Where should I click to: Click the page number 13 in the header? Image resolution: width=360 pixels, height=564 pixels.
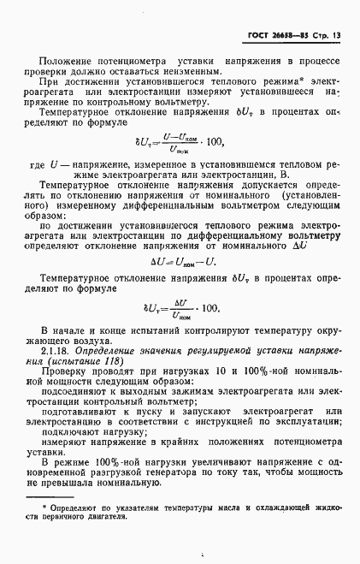coord(336,37)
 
